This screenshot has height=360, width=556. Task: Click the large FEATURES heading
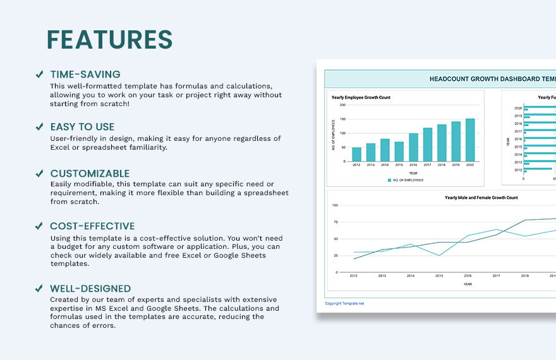pyautogui.click(x=109, y=40)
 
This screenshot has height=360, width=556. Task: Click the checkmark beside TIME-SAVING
pyautogui.click(x=39, y=75)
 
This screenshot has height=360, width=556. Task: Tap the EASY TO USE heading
pyautogui.click(x=82, y=127)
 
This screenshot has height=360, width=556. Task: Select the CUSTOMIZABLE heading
pyautogui.click(x=90, y=174)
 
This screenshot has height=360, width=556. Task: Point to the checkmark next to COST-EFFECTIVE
pyautogui.click(x=39, y=226)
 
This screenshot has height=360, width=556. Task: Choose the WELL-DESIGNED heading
pyautogui.click(x=90, y=289)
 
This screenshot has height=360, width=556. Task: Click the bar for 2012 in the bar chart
pyautogui.click(x=356, y=154)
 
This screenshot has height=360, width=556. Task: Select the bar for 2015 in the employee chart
pyautogui.click(x=399, y=152)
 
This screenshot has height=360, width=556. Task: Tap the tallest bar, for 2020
pyautogui.click(x=470, y=140)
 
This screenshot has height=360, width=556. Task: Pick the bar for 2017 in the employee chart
pyautogui.click(x=428, y=145)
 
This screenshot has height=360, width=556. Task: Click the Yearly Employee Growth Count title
pyautogui.click(x=361, y=98)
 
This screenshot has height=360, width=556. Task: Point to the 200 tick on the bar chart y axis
pyautogui.click(x=342, y=105)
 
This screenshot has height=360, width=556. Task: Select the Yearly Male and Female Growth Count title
pyautogui.click(x=481, y=198)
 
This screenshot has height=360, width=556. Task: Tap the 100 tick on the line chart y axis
pyautogui.click(x=335, y=205)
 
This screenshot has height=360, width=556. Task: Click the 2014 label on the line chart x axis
pyautogui.click(x=411, y=277)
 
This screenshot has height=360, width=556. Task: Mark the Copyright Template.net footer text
pyautogui.click(x=344, y=303)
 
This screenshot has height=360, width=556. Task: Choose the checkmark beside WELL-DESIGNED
pyautogui.click(x=39, y=289)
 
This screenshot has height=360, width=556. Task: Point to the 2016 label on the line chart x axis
pyautogui.click(x=468, y=277)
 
